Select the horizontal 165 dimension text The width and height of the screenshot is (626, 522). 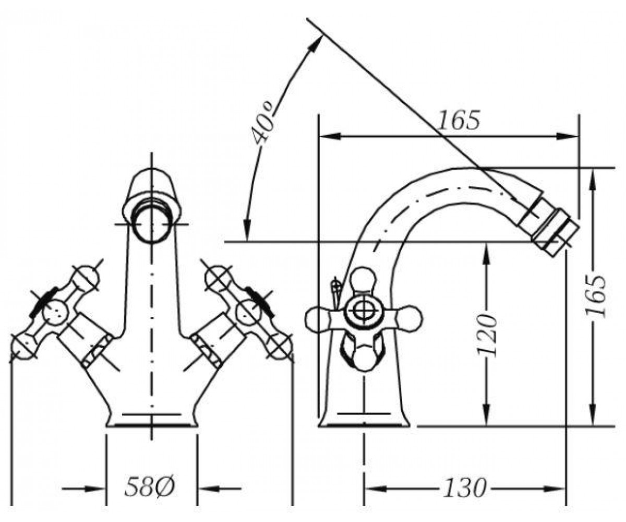[x=459, y=120]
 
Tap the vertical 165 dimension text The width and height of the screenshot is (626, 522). [x=595, y=296]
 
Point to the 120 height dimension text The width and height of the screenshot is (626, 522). [x=486, y=335]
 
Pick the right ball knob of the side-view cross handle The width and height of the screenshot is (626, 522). [x=410, y=318]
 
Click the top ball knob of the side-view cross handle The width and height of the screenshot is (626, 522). [x=364, y=280]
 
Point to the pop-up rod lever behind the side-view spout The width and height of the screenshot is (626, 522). [x=336, y=292]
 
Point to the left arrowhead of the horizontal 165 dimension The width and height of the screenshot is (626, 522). [x=330, y=136]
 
